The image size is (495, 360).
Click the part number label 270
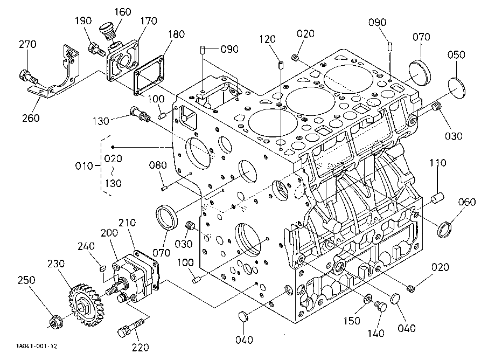coord(27,44)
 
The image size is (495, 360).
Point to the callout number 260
coord(30,117)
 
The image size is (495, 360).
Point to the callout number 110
coord(437,163)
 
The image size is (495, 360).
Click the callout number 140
coord(377,333)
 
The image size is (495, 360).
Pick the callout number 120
coord(267,39)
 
